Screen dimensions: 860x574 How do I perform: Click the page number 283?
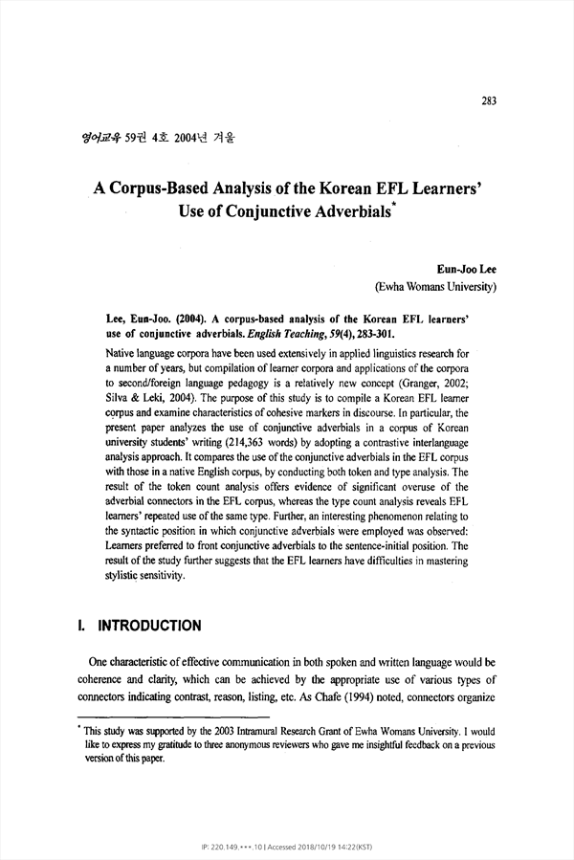(x=489, y=100)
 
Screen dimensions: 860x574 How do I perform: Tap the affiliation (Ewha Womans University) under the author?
(x=434, y=285)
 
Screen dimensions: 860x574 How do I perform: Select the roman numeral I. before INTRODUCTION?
(x=81, y=627)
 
